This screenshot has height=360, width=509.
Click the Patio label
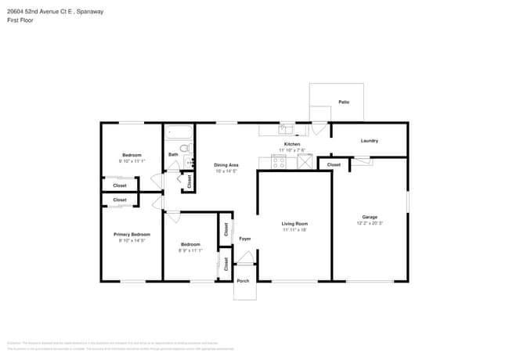coord(343,103)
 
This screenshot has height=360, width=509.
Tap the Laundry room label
coord(370,141)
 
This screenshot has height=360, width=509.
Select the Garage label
coord(370,217)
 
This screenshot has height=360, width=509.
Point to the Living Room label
coord(294,224)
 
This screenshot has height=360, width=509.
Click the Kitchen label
coord(291,145)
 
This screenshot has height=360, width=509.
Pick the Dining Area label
coord(226,165)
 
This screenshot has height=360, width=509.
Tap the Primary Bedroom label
coord(132,234)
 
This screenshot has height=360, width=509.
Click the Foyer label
coord(245,239)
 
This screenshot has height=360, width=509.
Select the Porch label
coord(244,281)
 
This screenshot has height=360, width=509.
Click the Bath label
coord(173,154)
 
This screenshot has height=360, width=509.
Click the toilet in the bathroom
coord(185,148)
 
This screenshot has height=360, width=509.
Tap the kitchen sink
coord(286,129)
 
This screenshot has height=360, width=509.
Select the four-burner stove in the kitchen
coord(278,163)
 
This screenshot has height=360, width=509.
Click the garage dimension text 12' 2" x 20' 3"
coord(370,223)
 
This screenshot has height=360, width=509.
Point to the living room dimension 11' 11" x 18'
coord(294,230)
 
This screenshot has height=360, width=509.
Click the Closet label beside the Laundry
coord(334,165)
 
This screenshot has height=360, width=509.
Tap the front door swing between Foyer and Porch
coord(245,259)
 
